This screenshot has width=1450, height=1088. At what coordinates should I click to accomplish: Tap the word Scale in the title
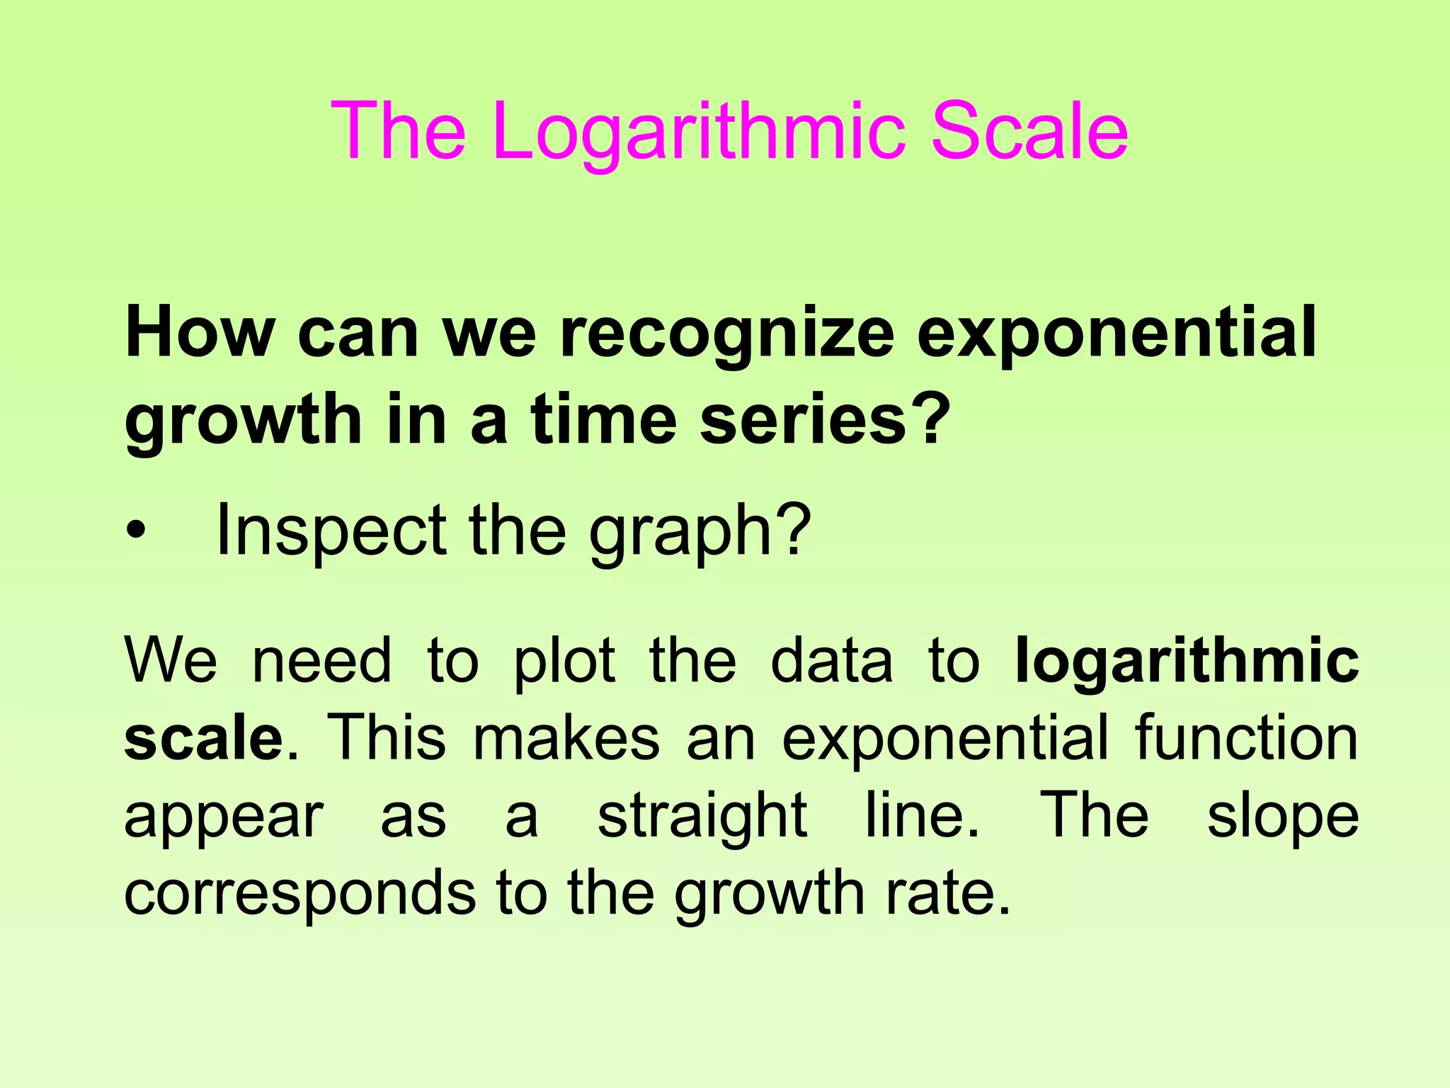click(x=1029, y=131)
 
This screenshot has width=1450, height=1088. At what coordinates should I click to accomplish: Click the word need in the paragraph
click(x=321, y=660)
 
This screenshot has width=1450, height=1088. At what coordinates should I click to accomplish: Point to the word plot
click(x=564, y=662)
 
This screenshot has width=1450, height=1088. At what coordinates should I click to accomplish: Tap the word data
click(x=831, y=660)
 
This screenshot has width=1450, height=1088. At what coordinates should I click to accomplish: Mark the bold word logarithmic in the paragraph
click(x=1187, y=662)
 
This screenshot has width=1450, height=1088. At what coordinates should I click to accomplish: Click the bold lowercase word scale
click(x=205, y=738)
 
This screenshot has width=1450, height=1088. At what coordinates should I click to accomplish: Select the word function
click(x=1246, y=738)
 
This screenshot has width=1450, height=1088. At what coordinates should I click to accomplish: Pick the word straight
click(x=702, y=817)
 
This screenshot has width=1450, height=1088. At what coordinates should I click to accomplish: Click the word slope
click(x=1282, y=817)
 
